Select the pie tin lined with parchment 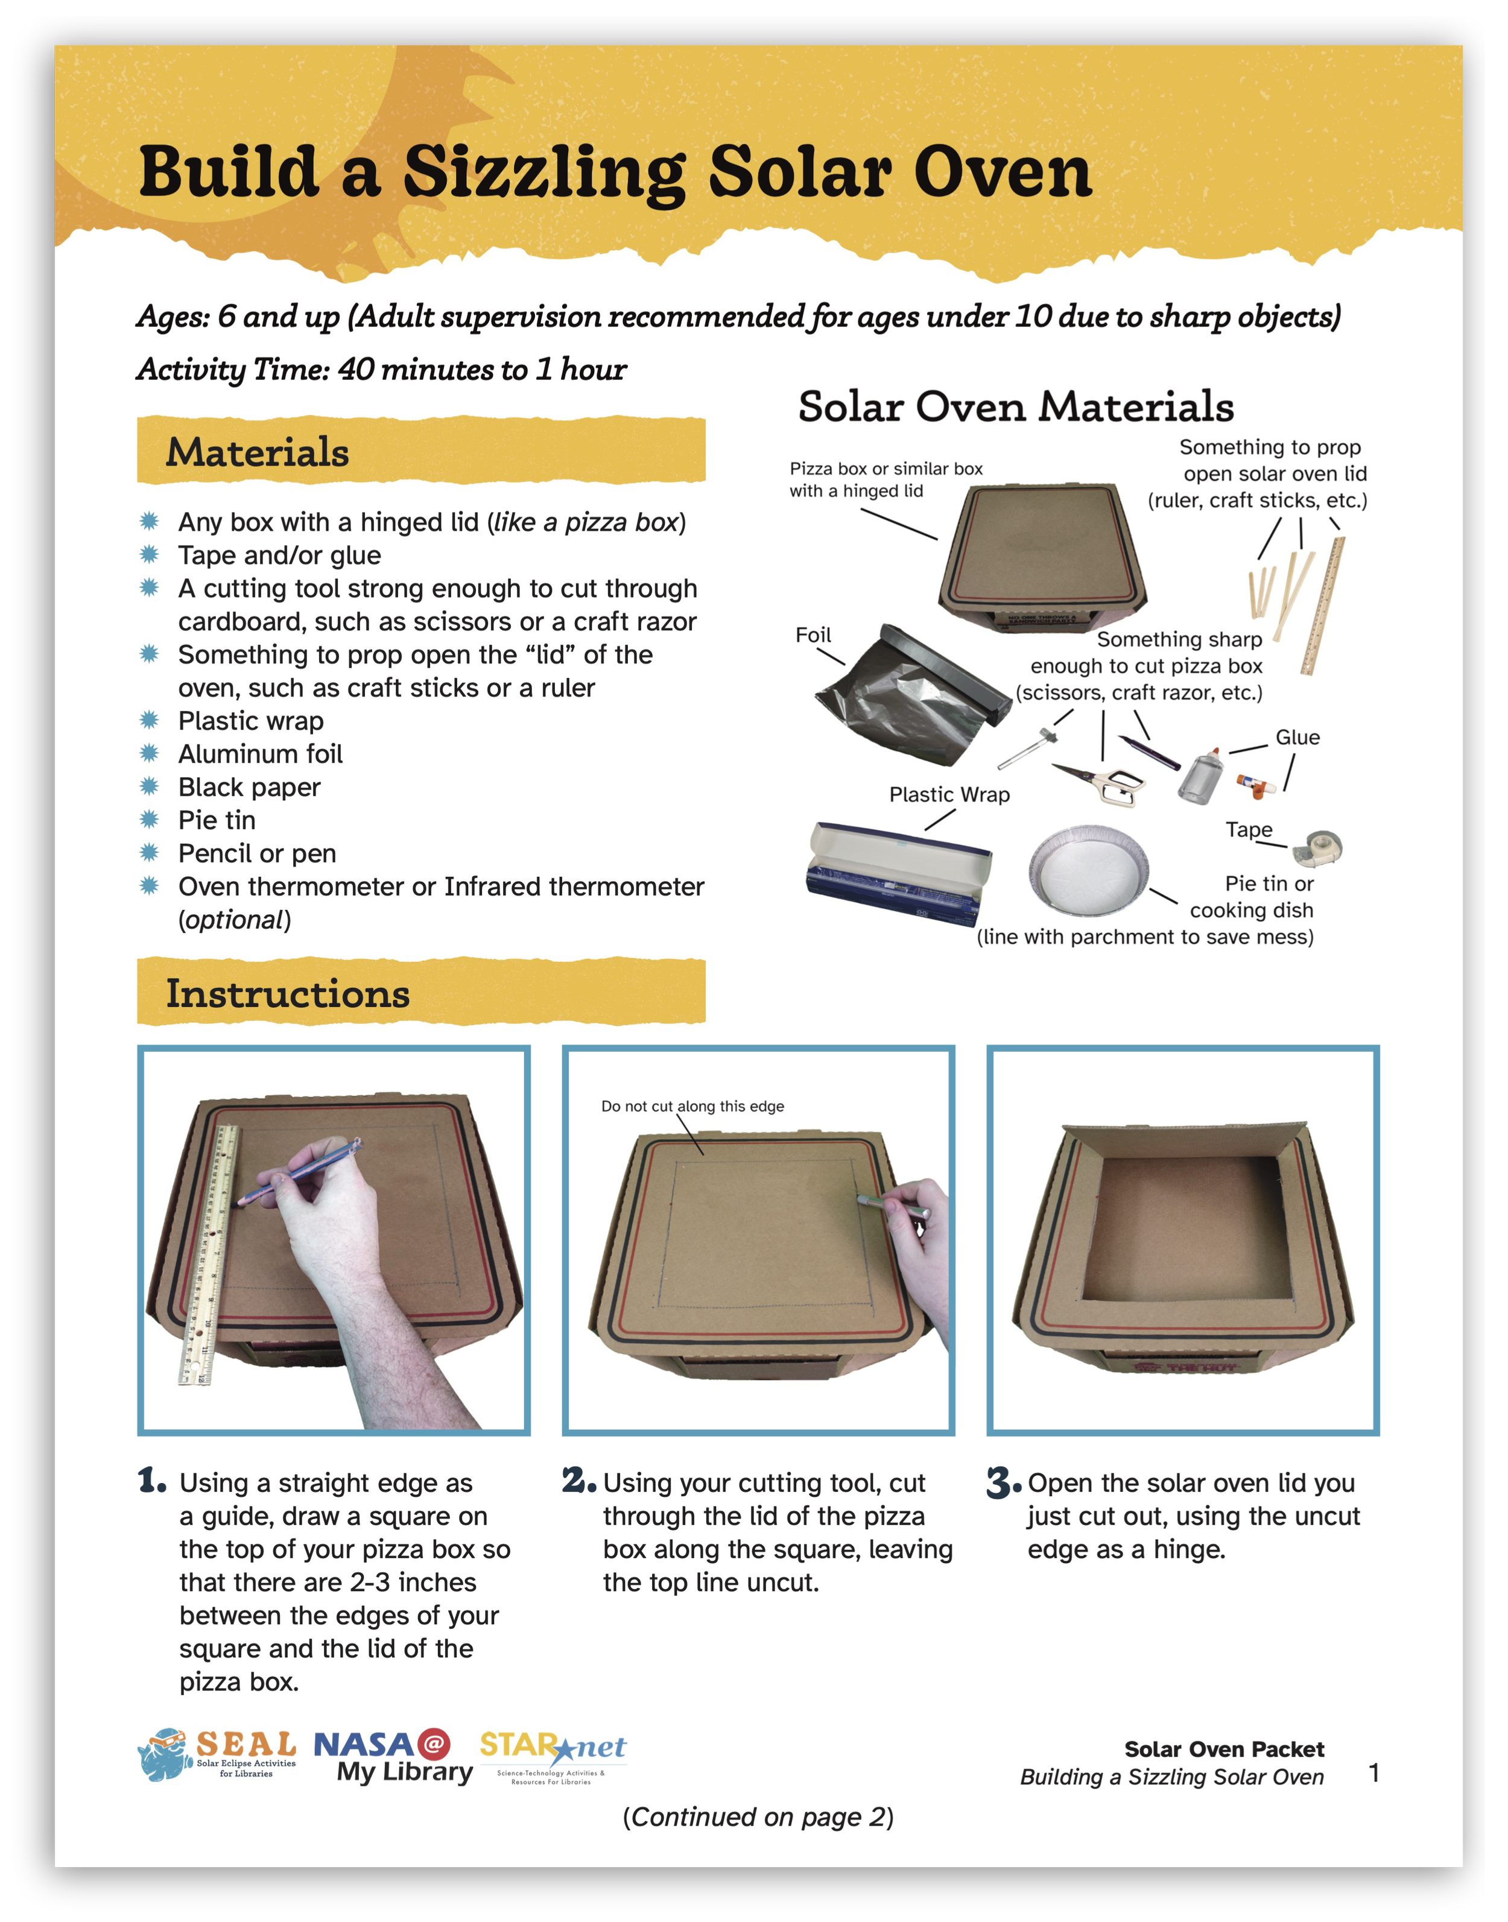coord(1089,871)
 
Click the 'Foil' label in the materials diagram coord(813,636)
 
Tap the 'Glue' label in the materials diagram coord(1297,737)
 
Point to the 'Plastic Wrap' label coord(949,795)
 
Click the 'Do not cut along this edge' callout coord(692,1106)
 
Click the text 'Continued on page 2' coord(758,1817)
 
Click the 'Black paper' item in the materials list coord(249,786)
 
